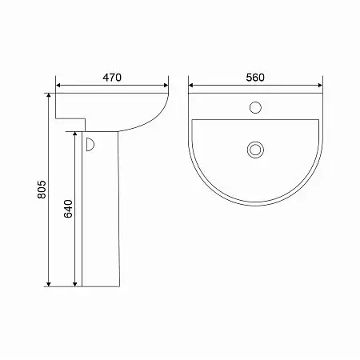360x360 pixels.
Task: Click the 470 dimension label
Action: point(112,78)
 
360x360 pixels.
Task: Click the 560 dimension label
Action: point(255,78)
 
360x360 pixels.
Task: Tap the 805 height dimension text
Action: point(42,190)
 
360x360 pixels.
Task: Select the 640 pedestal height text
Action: point(68,209)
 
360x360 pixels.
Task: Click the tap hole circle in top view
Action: point(255,107)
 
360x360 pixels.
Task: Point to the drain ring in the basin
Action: point(255,150)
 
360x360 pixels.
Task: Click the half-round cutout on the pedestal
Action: point(90,145)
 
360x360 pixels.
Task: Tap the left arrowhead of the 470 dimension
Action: point(58,86)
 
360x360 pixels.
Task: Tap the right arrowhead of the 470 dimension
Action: point(166,86)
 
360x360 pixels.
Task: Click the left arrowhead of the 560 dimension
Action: point(191,86)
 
